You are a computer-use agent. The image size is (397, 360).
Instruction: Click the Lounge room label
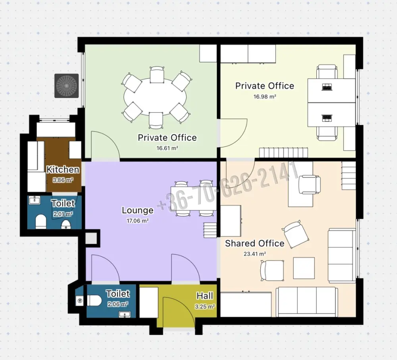(137, 210)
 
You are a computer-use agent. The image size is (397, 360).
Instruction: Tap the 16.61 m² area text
(167, 148)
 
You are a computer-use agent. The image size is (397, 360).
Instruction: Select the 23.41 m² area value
(255, 254)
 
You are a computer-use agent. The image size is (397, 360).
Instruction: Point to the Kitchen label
(63, 169)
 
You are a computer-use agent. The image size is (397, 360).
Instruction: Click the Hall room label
(205, 296)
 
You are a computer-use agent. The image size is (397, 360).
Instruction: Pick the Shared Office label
(255, 243)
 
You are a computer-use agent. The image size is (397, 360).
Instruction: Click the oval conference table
(156, 97)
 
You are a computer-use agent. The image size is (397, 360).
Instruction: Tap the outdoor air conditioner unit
(67, 86)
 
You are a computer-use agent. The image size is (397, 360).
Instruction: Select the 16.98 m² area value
(265, 97)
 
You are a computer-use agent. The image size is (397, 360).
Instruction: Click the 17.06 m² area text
(137, 221)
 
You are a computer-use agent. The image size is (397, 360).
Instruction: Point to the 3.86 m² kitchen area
(63, 180)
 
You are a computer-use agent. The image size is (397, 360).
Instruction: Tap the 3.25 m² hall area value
(205, 306)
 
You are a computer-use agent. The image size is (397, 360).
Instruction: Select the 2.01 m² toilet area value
(63, 214)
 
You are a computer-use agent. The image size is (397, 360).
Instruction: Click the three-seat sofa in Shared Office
(306, 302)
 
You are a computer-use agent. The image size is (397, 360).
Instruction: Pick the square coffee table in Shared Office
(304, 268)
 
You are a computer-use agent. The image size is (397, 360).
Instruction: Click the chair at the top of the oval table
(157, 74)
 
